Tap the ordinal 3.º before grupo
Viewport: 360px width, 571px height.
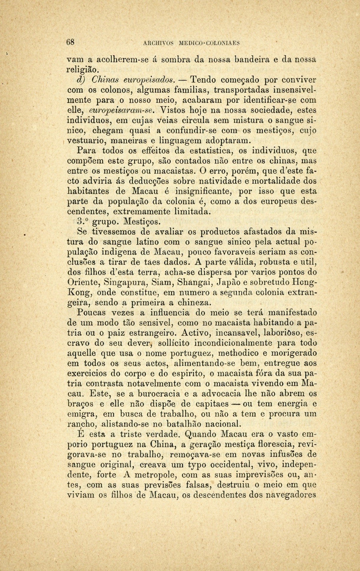[x=83, y=222]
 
